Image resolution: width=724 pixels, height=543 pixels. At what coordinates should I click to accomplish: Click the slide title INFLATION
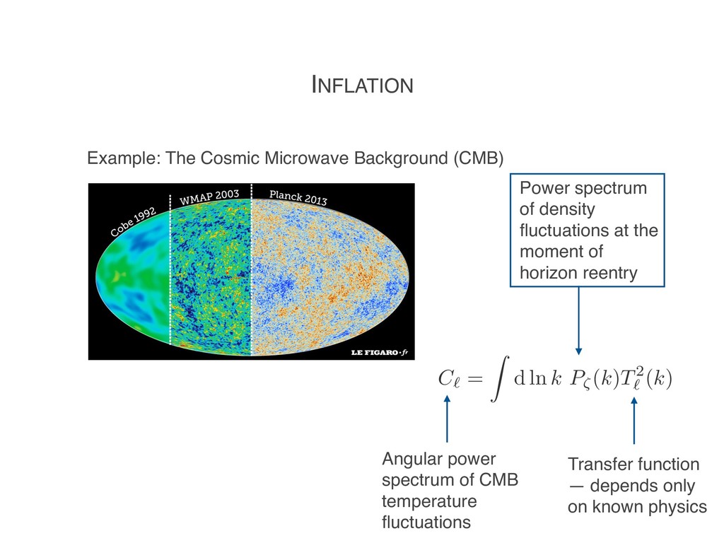point(362,86)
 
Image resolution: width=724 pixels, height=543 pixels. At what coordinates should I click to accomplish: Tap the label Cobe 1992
point(133,221)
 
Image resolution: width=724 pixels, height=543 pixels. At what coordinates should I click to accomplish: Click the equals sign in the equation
point(475,380)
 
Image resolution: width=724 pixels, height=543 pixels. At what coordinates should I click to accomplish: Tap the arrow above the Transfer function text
point(633,421)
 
